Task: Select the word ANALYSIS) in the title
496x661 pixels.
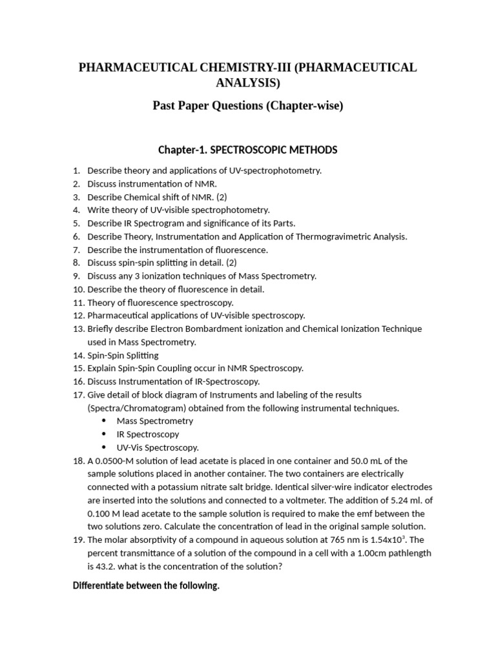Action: pos(248,83)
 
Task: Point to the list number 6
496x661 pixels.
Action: pos(76,236)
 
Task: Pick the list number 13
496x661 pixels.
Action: pos(78,329)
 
